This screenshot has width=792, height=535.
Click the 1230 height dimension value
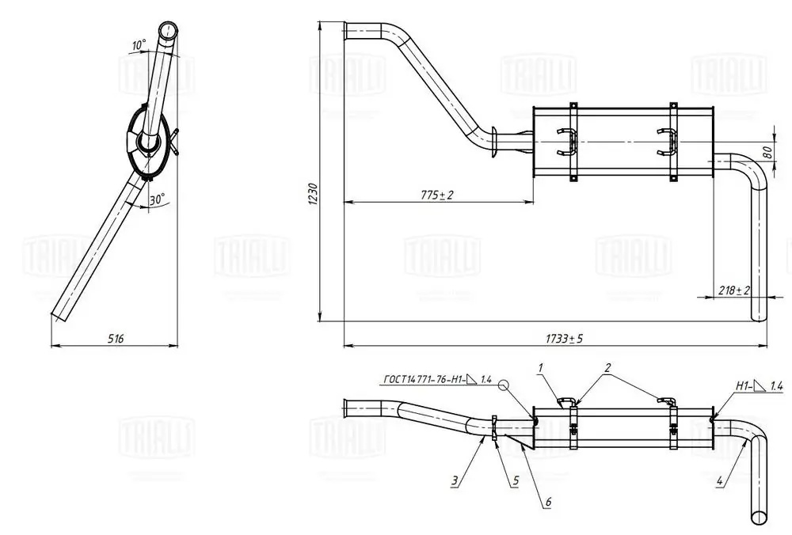[312, 194]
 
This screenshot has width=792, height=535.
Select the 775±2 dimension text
[437, 195]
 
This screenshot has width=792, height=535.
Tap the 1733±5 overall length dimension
[564, 338]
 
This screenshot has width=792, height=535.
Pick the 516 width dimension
[115, 338]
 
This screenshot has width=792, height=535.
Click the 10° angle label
[139, 45]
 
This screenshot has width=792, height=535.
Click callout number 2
[607, 368]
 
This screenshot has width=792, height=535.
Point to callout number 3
[455, 480]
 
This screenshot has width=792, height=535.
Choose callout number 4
[719, 480]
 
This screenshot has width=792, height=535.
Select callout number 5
[514, 480]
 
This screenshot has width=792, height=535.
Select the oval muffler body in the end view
[147, 142]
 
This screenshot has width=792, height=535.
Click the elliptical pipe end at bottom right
[760, 517]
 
